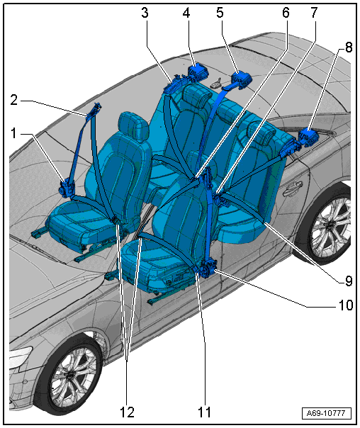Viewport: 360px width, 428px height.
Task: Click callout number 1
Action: (x=13, y=133)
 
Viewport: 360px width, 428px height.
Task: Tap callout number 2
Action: (x=14, y=100)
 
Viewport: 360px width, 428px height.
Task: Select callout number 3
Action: (x=145, y=13)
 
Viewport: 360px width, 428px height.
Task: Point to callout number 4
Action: (x=186, y=13)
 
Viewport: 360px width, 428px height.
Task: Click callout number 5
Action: (x=220, y=13)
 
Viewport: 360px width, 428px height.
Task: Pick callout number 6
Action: (x=286, y=13)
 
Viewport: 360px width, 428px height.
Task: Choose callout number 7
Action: (x=314, y=13)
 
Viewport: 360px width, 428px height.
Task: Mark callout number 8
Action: (x=349, y=47)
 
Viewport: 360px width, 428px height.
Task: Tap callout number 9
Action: (x=349, y=281)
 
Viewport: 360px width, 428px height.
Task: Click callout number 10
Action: (x=346, y=305)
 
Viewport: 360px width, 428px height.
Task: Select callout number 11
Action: (x=204, y=412)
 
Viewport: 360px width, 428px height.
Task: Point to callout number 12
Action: (x=127, y=412)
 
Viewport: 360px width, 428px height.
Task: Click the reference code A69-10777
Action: (x=326, y=413)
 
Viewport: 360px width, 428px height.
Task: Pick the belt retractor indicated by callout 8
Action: (x=308, y=137)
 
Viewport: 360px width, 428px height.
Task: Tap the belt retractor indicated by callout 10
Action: (x=208, y=269)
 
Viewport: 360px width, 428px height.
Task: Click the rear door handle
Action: (x=293, y=188)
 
